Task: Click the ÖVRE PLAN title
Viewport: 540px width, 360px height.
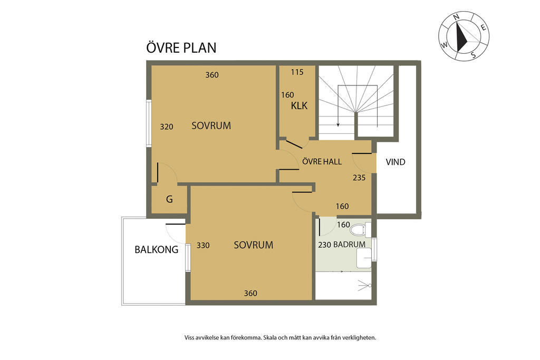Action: click(x=181, y=47)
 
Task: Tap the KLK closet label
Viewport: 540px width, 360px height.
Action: click(x=299, y=105)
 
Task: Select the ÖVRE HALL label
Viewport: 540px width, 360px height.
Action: click(x=322, y=161)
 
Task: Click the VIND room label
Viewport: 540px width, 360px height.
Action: click(x=396, y=162)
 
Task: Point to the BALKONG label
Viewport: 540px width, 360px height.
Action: click(x=156, y=249)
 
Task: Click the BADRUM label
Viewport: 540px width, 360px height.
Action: click(x=349, y=245)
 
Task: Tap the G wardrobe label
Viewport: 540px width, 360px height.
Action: click(x=169, y=199)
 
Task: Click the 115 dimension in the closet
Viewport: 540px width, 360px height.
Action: click(x=297, y=72)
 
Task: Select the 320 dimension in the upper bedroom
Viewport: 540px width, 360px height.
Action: click(x=166, y=127)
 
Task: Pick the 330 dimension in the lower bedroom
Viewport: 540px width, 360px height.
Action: click(x=203, y=246)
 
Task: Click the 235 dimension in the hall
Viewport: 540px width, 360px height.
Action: click(x=359, y=178)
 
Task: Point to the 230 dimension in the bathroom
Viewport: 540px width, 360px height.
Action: click(x=324, y=245)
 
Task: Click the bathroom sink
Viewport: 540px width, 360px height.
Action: click(x=364, y=258)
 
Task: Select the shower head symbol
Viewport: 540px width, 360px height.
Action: click(x=364, y=285)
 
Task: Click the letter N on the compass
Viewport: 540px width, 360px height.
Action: click(x=456, y=17)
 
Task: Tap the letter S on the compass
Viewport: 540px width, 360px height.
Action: click(x=474, y=54)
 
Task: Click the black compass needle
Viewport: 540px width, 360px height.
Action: click(x=461, y=37)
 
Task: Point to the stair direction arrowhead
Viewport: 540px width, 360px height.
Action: click(x=338, y=124)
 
